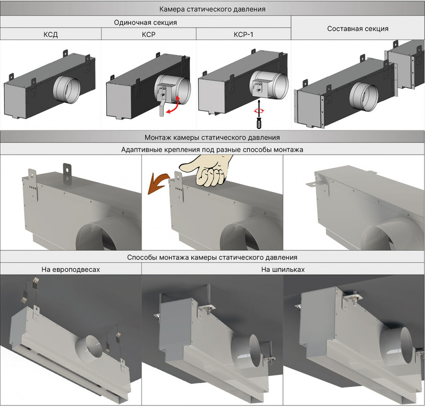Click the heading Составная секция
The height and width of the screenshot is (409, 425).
pos(358,29)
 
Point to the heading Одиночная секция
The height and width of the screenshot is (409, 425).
pos(145,22)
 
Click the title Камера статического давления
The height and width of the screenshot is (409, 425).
pos(212,9)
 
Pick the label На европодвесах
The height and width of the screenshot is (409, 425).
pos(71,269)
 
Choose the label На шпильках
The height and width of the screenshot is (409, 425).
pos(283,269)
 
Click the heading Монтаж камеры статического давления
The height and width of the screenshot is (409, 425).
pos(212,137)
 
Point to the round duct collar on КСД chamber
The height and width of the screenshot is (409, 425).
pos(66,90)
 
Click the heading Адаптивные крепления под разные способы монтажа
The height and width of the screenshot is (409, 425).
pos(212,149)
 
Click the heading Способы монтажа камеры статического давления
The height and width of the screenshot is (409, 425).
pos(212,257)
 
